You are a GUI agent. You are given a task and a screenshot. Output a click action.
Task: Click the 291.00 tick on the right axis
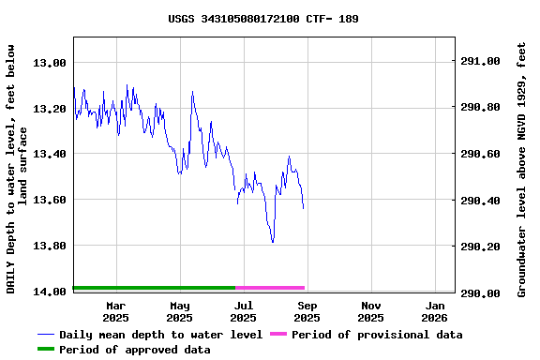click(x=481, y=62)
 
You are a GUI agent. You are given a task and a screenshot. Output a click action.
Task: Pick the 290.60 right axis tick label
click(x=481, y=155)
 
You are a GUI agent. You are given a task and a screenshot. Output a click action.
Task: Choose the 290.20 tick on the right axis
click(x=481, y=247)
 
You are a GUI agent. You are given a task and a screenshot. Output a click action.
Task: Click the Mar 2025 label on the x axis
click(x=116, y=311)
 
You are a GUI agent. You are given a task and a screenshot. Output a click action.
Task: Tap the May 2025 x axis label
click(x=180, y=311)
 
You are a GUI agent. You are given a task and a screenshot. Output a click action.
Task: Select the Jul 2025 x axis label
click(x=244, y=311)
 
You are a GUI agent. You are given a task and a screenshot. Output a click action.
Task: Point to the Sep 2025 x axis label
click(x=307, y=311)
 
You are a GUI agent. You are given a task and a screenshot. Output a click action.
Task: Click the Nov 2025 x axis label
click(x=371, y=311)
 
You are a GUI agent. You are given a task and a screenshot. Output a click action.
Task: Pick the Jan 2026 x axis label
click(x=435, y=311)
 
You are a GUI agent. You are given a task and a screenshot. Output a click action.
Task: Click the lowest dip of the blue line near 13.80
click(x=273, y=242)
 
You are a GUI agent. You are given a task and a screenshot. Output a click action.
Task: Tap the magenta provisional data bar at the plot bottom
click(x=270, y=288)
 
